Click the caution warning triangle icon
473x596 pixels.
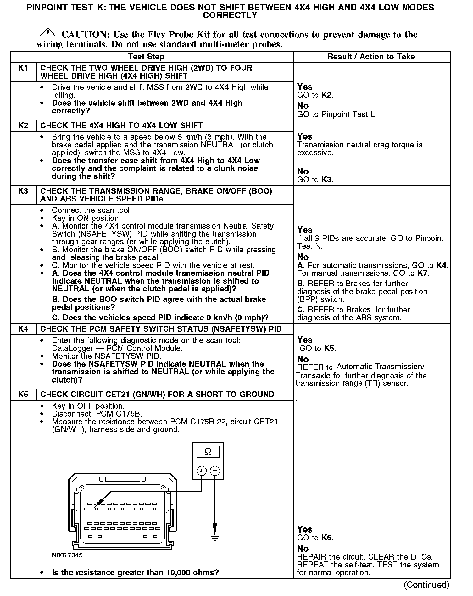(x=48, y=32)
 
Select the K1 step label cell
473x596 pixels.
(x=23, y=68)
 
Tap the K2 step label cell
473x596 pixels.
(x=23, y=126)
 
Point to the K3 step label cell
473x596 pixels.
(x=23, y=191)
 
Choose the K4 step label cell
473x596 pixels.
(x=23, y=329)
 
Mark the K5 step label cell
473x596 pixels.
(x=23, y=395)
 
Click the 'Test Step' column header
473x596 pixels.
(x=146, y=57)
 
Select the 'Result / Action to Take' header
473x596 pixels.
(x=371, y=57)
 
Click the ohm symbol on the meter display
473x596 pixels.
(x=208, y=452)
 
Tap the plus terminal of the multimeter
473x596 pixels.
(x=202, y=471)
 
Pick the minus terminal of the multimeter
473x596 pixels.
(x=215, y=471)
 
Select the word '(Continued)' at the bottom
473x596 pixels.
(x=426, y=585)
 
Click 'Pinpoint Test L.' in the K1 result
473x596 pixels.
(x=349, y=114)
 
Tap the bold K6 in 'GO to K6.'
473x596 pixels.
(x=327, y=538)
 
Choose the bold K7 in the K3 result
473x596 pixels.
(x=423, y=273)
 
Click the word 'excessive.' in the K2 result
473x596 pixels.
(x=315, y=153)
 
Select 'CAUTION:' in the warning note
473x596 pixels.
(x=85, y=35)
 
